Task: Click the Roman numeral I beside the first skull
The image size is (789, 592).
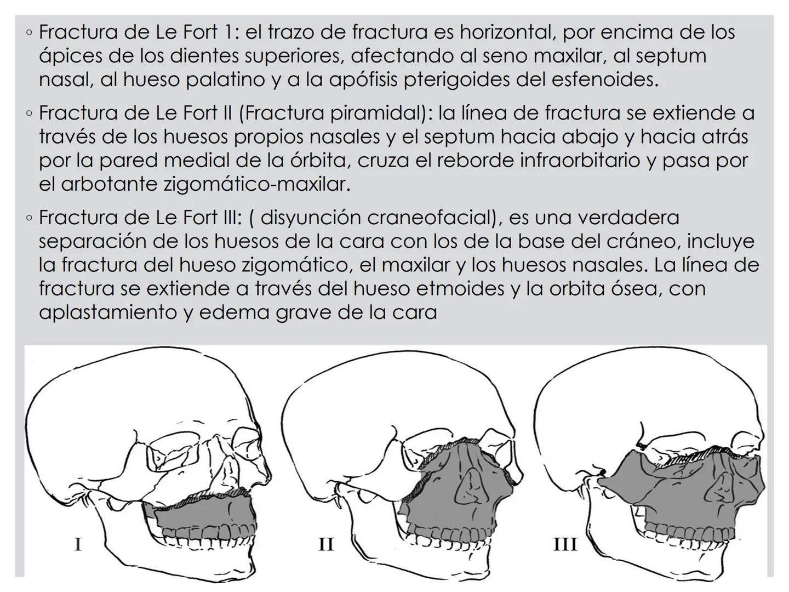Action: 78,544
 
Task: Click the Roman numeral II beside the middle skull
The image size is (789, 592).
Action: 326,544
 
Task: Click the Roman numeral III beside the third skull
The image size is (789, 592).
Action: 565,544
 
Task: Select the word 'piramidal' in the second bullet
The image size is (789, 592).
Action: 372,113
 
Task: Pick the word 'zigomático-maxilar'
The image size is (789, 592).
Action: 257,184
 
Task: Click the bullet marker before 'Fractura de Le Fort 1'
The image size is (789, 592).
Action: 29,33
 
